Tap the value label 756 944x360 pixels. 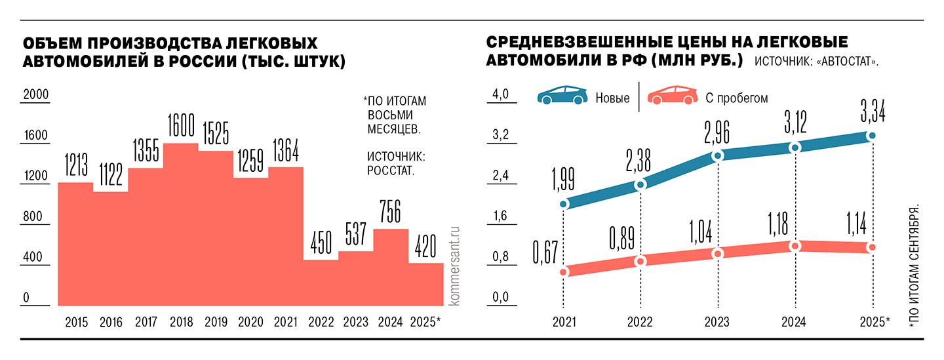(391, 211)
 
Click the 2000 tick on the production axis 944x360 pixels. (36, 96)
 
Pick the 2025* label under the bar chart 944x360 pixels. (425, 322)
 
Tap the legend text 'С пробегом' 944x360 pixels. (736, 98)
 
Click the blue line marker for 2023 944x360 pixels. (718, 155)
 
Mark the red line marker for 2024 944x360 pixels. (795, 246)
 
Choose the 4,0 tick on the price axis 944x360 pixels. (500, 96)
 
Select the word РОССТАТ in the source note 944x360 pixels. (392, 172)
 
